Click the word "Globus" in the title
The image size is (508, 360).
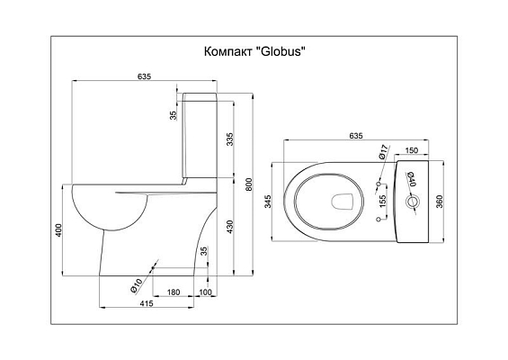tap(281, 51)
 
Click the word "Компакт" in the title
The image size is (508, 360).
tap(228, 51)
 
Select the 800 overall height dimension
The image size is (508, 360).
tap(248, 184)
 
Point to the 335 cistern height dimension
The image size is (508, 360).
tap(229, 139)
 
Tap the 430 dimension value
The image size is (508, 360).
tap(229, 227)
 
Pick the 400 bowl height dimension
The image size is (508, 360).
tap(58, 229)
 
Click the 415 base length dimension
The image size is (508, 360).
tap(147, 303)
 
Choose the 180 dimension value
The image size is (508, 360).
tap(174, 292)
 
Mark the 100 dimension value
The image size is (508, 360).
tap(205, 292)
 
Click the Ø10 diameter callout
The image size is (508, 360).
tap(136, 285)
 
